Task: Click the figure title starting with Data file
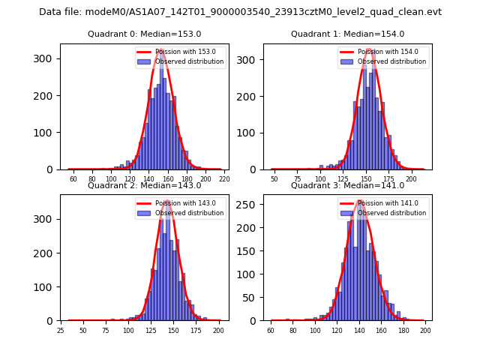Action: [x=240, y=12]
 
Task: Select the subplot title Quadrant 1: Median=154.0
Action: [x=347, y=34]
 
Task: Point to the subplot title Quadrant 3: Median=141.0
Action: [x=347, y=185]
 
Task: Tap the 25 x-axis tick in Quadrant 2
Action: [x=61, y=330]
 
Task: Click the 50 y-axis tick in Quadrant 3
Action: [x=255, y=298]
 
